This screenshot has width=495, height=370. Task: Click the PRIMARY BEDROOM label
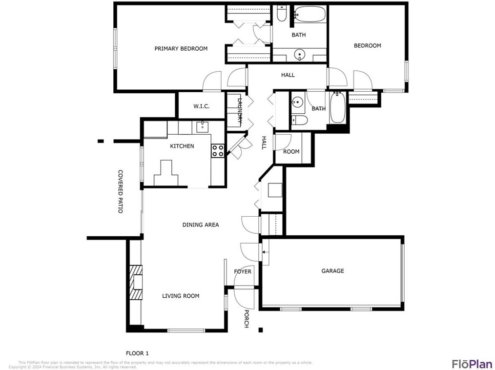181,49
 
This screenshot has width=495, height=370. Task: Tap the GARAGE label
332,271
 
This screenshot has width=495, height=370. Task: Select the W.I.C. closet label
201,106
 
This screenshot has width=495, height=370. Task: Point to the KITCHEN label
182,146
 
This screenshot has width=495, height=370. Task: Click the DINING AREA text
200,225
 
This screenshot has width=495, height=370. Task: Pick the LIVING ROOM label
181,296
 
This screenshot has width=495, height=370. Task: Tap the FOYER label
243,271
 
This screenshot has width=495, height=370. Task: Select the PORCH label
246,319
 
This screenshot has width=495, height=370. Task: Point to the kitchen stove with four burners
218,151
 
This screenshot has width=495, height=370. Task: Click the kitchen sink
202,128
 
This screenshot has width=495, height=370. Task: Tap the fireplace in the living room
135,283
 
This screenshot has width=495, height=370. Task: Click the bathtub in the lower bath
337,108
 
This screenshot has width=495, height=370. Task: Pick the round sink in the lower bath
297,103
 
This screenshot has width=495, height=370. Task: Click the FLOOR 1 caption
137,353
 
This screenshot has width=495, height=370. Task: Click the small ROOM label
291,152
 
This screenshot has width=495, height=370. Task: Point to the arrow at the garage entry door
265,252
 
